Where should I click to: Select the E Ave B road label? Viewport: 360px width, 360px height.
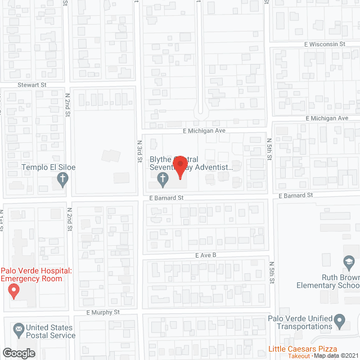point(206,255)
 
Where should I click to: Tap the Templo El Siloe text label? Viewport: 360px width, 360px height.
point(48,168)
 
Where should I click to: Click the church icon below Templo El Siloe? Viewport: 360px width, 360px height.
point(63,181)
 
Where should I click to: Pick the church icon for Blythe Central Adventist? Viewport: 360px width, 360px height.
point(162,180)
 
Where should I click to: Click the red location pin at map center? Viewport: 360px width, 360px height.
point(180,167)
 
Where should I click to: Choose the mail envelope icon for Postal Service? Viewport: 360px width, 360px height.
point(18,328)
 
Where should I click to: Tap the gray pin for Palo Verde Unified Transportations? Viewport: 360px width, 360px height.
point(339,321)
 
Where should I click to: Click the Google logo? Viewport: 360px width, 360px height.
point(19,353)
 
